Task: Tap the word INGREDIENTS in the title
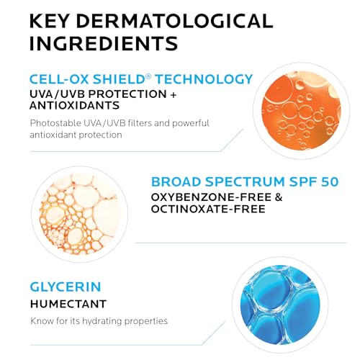tap(103, 42)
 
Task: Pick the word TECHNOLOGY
tap(207, 79)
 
